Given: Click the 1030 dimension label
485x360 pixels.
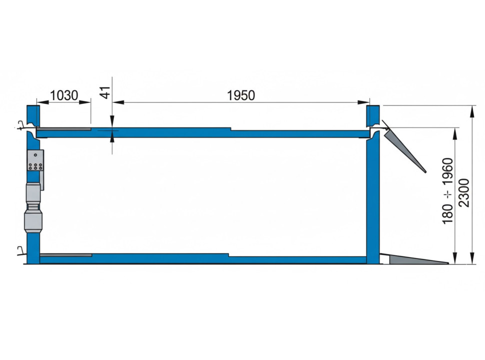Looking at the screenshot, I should coord(64,95).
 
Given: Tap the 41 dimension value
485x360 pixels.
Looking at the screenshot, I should coord(105,93).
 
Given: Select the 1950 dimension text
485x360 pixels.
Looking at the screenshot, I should coord(241,95).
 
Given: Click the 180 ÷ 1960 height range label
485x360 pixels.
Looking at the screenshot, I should coord(447,190).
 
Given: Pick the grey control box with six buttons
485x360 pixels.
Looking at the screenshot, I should coord(35,160).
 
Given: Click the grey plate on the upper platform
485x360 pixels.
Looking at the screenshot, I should coord(64,128).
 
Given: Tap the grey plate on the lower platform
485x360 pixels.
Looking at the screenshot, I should coord(65,255).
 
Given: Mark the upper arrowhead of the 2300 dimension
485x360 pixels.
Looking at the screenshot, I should coord(472,109).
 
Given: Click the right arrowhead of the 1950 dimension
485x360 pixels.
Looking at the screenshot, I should coord(365,102).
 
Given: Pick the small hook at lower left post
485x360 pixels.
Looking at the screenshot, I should coord(19,249).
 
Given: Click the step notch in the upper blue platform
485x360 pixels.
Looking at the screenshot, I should coord(230,129).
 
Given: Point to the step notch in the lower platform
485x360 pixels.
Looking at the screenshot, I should coord(228,255).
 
